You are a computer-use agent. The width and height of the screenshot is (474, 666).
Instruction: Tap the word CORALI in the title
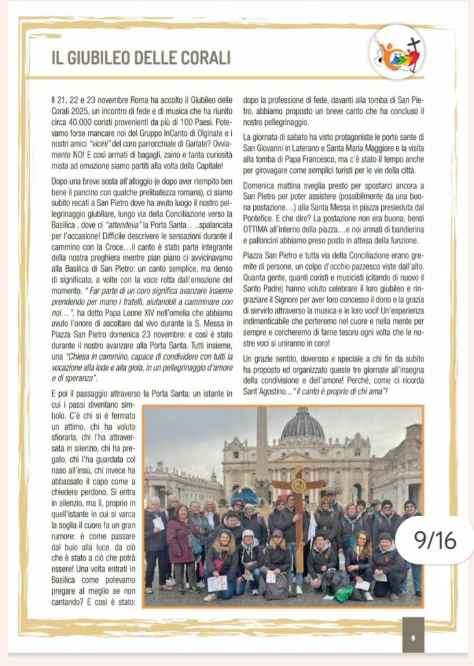point(203,57)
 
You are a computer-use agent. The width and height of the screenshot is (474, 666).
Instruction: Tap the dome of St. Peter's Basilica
point(303,426)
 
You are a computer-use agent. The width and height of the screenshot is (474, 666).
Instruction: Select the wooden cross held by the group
point(299,494)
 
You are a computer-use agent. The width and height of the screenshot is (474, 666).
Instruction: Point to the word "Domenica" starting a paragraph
point(262,184)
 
